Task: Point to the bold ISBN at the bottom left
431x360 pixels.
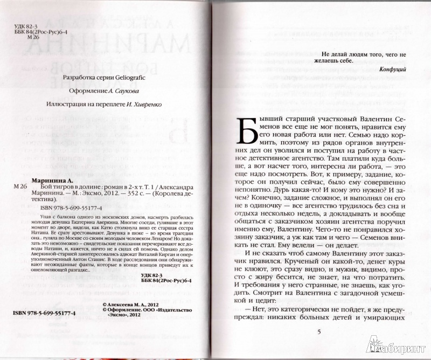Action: tap(45, 313)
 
